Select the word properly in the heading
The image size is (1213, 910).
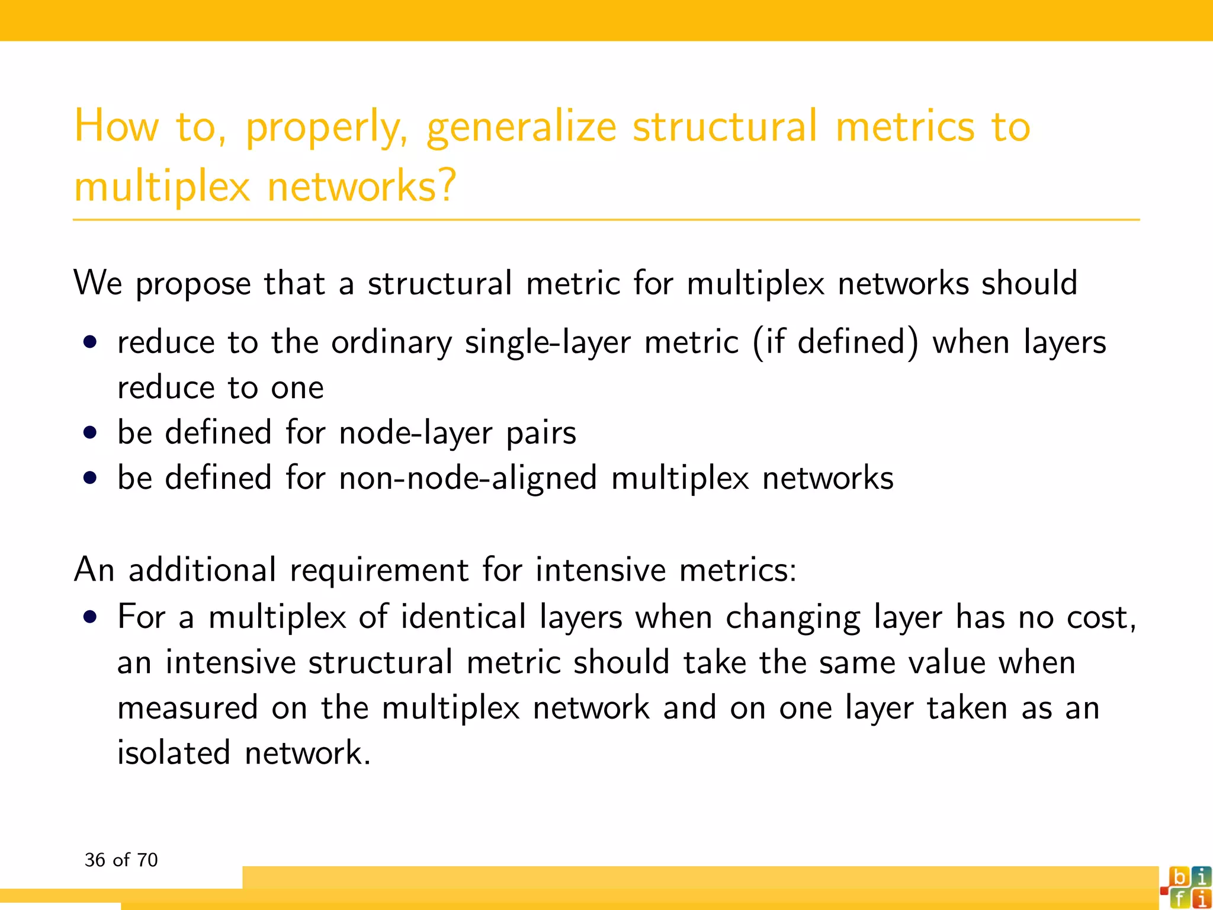pyautogui.click(x=325, y=127)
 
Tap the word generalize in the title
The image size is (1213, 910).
pyautogui.click(x=521, y=127)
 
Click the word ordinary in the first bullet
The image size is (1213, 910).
pyautogui.click(x=392, y=343)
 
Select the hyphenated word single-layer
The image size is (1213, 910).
pyautogui.click(x=547, y=343)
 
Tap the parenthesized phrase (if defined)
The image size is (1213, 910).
pyautogui.click(x=836, y=342)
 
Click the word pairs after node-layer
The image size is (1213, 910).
pyautogui.click(x=541, y=433)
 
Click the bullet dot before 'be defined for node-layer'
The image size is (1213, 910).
pyautogui.click(x=90, y=432)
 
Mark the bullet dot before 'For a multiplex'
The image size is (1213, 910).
pyautogui.click(x=90, y=617)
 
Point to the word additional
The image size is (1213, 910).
pyautogui.click(x=202, y=570)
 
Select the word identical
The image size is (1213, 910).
pyautogui.click(x=463, y=617)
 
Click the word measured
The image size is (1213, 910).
pyautogui.click(x=188, y=708)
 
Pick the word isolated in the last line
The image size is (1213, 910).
pyautogui.click(x=174, y=753)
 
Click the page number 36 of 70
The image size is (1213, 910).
pyautogui.click(x=121, y=860)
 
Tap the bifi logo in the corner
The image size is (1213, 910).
pyautogui.click(x=1186, y=887)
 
